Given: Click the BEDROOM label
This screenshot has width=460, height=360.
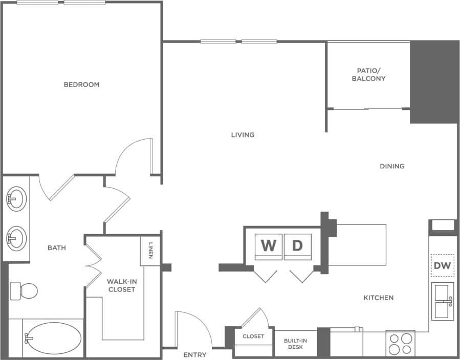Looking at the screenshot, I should tap(81, 84).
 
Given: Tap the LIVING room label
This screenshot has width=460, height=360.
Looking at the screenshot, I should tap(243, 135).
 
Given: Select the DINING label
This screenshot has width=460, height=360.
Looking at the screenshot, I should tap(392, 166).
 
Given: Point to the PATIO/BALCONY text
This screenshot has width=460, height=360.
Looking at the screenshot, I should tap(368, 75).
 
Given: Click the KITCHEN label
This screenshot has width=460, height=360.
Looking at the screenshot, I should tap(379, 298).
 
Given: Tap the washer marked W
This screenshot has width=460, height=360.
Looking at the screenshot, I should tap(268, 246).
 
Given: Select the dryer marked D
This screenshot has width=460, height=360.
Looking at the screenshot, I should tap(297, 246).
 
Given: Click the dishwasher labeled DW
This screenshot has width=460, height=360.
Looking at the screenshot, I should tap(442, 265).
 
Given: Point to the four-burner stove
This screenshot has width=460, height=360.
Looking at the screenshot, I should tap(400, 344).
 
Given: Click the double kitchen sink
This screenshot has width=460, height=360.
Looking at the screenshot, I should tap(443, 301).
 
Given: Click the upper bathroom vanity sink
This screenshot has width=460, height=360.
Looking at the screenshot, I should tap(16, 198).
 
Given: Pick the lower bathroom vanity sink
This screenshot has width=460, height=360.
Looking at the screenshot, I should tap(16, 238).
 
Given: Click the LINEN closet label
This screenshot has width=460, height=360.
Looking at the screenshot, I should tap(151, 250).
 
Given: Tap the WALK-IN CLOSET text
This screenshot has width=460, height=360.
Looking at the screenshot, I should tap(121, 285).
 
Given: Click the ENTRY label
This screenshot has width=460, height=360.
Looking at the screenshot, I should tap(195, 354).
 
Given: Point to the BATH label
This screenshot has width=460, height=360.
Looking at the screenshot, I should tap(57, 247).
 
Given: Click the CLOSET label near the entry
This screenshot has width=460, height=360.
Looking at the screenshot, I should tap(253, 336).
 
